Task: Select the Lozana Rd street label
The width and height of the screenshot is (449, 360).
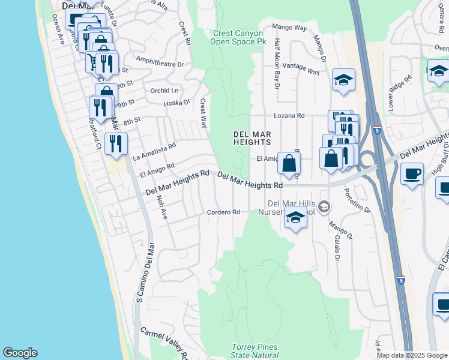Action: (289, 115)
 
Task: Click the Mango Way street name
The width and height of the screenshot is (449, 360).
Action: (289, 27)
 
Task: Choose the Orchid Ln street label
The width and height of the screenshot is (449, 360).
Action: (164, 91)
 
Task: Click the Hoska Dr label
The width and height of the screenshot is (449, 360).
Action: (176, 103)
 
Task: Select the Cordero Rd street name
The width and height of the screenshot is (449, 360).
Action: (223, 212)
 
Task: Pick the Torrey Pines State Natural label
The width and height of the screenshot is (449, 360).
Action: (255, 351)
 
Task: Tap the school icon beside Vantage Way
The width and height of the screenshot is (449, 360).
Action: (343, 80)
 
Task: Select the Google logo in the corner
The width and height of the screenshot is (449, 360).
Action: (20, 353)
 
